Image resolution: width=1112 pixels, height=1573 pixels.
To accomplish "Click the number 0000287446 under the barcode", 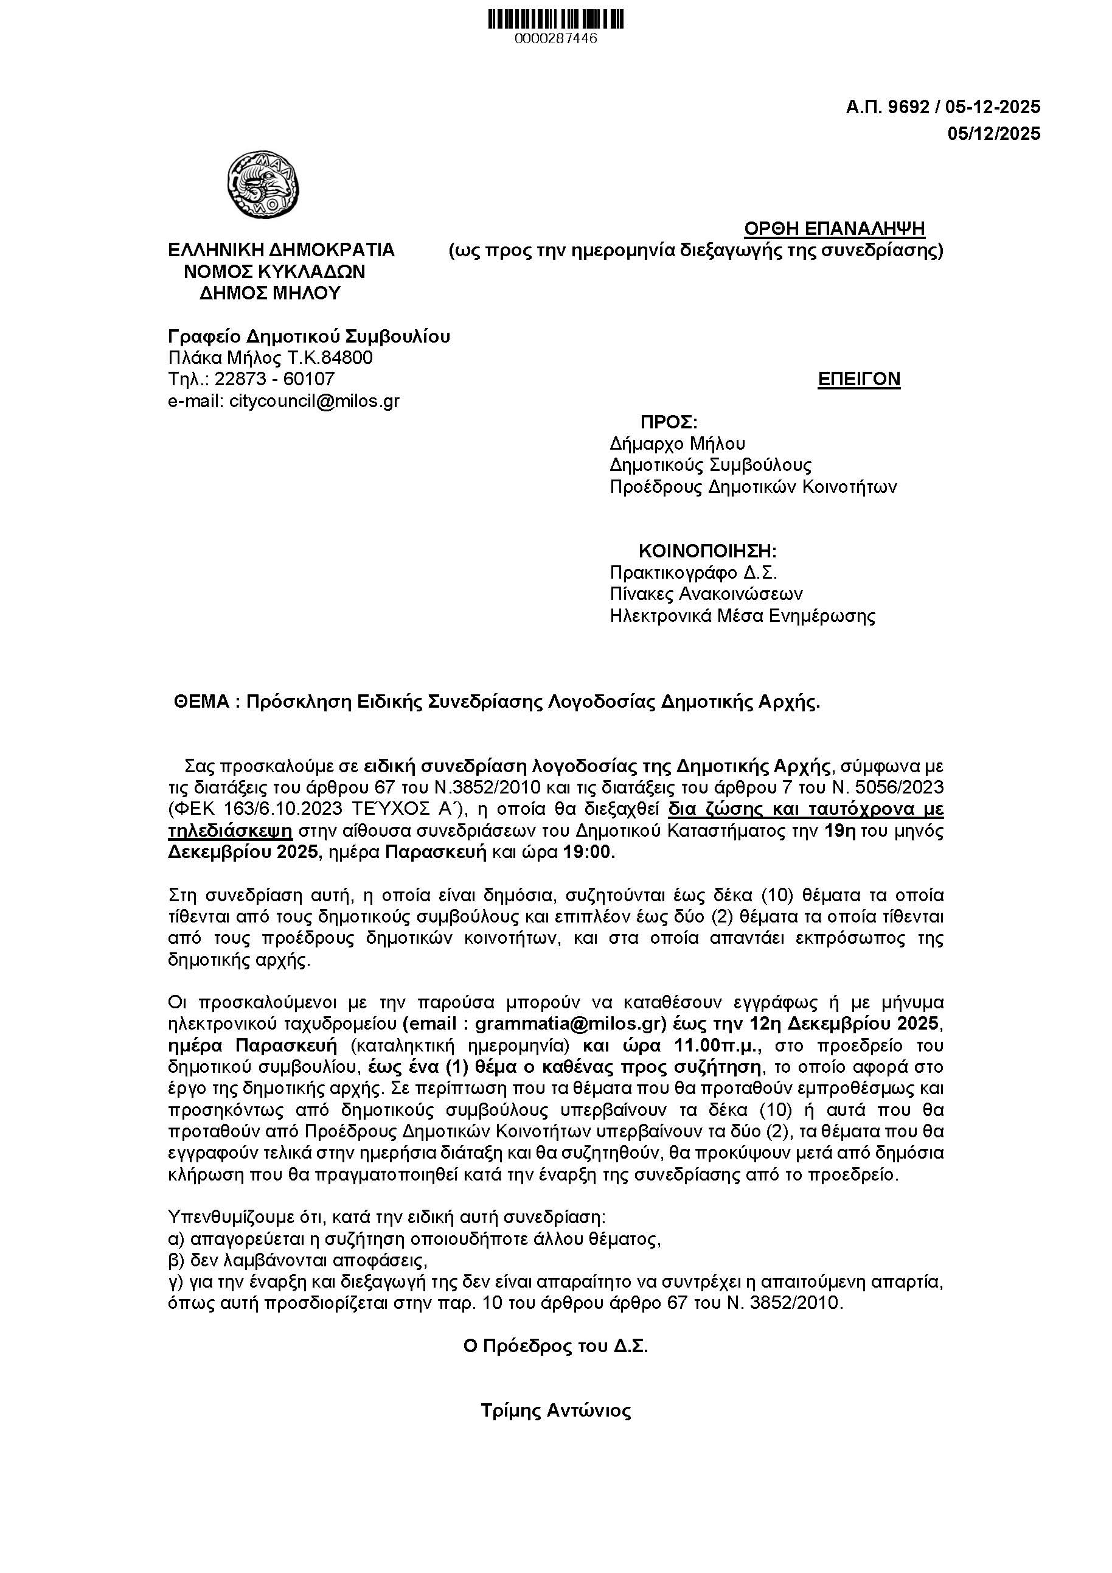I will tap(555, 39).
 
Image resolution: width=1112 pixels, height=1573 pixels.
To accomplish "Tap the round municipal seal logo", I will tap(263, 185).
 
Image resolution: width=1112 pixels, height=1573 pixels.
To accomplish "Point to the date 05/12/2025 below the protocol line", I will tap(993, 134).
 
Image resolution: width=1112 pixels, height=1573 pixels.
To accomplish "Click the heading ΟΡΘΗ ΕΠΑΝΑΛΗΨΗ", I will tap(834, 228).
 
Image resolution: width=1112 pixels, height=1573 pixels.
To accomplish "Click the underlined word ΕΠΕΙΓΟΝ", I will tap(859, 379).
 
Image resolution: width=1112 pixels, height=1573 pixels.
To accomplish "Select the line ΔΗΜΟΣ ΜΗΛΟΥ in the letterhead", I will tap(271, 293).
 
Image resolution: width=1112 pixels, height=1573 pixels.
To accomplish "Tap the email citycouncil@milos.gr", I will tap(314, 401).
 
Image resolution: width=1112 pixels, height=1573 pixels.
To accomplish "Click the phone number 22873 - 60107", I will tap(274, 379).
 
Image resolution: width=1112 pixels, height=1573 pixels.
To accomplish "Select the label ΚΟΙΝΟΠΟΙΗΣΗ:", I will tap(707, 551).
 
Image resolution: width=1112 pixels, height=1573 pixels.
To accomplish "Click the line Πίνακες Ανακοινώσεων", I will tap(706, 593).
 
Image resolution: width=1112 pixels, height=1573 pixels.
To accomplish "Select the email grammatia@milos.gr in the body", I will tap(569, 1024).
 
